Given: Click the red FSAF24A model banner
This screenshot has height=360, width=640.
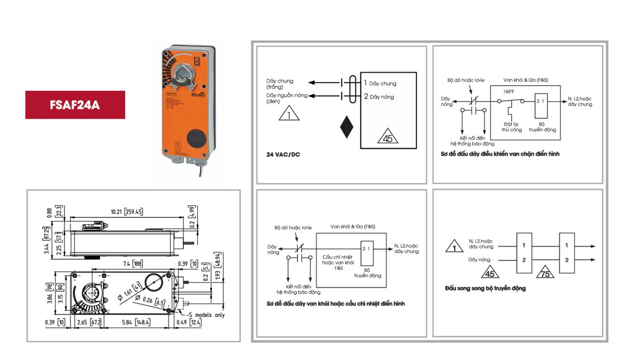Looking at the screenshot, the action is [75, 105].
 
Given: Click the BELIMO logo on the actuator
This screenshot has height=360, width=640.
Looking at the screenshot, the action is [198, 95].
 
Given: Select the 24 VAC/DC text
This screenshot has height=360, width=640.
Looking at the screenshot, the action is [283, 154].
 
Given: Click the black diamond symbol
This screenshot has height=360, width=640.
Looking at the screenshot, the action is [346, 127].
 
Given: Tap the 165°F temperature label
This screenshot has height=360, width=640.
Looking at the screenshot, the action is [509, 92].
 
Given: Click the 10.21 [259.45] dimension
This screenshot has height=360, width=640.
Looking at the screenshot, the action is [126, 212].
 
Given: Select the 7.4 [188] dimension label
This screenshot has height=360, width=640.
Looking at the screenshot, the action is [132, 264].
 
